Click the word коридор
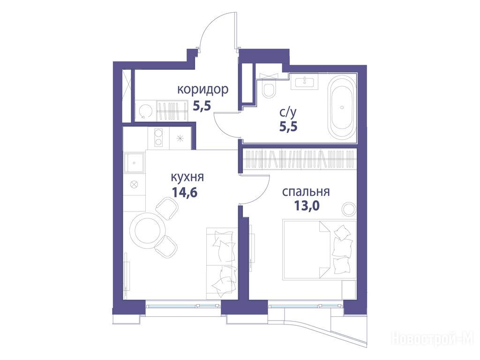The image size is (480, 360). click(x=203, y=90)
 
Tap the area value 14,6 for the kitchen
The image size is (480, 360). click(x=185, y=193)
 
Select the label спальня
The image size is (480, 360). click(x=306, y=192)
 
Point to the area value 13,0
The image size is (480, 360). click(x=307, y=206)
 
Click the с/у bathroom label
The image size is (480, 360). click(x=288, y=113)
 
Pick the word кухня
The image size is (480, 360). click(x=187, y=178)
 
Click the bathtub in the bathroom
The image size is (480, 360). click(x=342, y=107)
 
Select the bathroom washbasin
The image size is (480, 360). click(x=304, y=82)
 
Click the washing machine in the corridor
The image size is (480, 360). click(x=145, y=111)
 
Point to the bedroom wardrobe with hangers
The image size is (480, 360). click(x=300, y=159)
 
